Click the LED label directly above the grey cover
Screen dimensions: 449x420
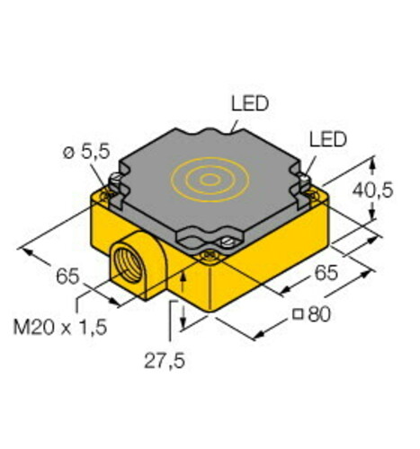249,104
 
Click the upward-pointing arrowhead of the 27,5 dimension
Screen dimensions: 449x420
183,279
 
